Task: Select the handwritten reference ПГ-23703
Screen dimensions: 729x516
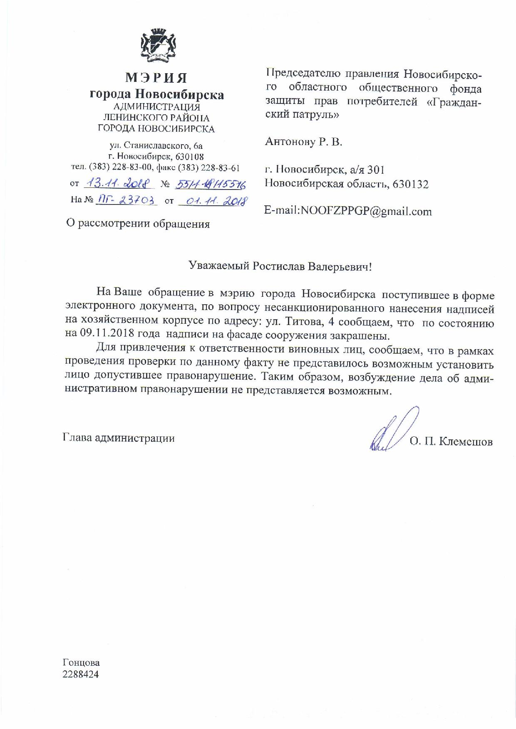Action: pos(127,200)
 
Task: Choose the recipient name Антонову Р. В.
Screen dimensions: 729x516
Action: pos(303,142)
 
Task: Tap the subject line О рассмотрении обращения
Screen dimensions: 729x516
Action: pos(138,224)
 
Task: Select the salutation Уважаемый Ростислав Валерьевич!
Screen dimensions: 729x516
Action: pos(280,266)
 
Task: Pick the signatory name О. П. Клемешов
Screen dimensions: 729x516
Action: pos(451,441)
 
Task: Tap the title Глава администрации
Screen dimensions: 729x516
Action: pos(119,438)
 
